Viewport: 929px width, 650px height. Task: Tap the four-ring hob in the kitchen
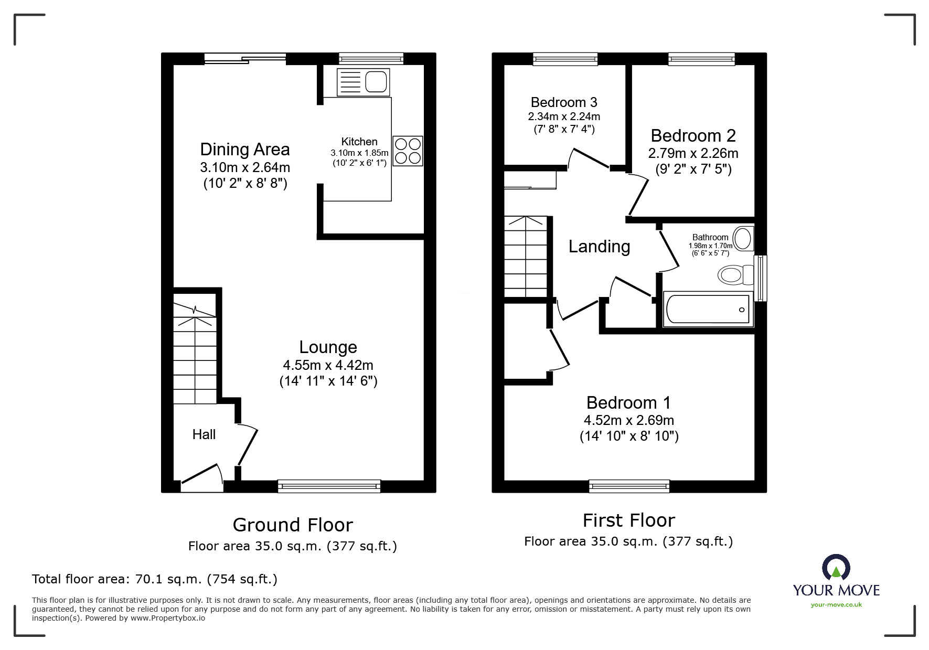coord(408,151)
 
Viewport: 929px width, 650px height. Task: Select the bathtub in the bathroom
coord(708,310)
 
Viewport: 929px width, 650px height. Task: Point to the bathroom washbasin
coord(743,238)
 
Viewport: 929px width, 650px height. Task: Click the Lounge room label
coord(328,347)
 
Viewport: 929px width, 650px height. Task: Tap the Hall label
coord(204,434)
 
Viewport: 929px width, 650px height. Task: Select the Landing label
coord(599,247)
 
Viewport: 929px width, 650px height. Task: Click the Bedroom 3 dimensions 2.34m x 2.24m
coord(564,116)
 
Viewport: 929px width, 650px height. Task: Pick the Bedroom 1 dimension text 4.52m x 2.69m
coord(628,420)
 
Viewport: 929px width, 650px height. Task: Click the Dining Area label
coord(244,150)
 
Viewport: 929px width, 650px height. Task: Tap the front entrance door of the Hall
coord(201,479)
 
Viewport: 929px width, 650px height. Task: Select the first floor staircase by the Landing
coord(526,257)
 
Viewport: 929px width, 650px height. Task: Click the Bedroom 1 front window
coord(629,486)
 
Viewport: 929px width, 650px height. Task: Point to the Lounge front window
coord(329,486)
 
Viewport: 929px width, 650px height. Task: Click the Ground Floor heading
coord(293,525)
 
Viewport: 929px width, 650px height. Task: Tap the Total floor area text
coord(155,579)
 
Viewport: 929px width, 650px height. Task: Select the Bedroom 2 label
coord(693,136)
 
